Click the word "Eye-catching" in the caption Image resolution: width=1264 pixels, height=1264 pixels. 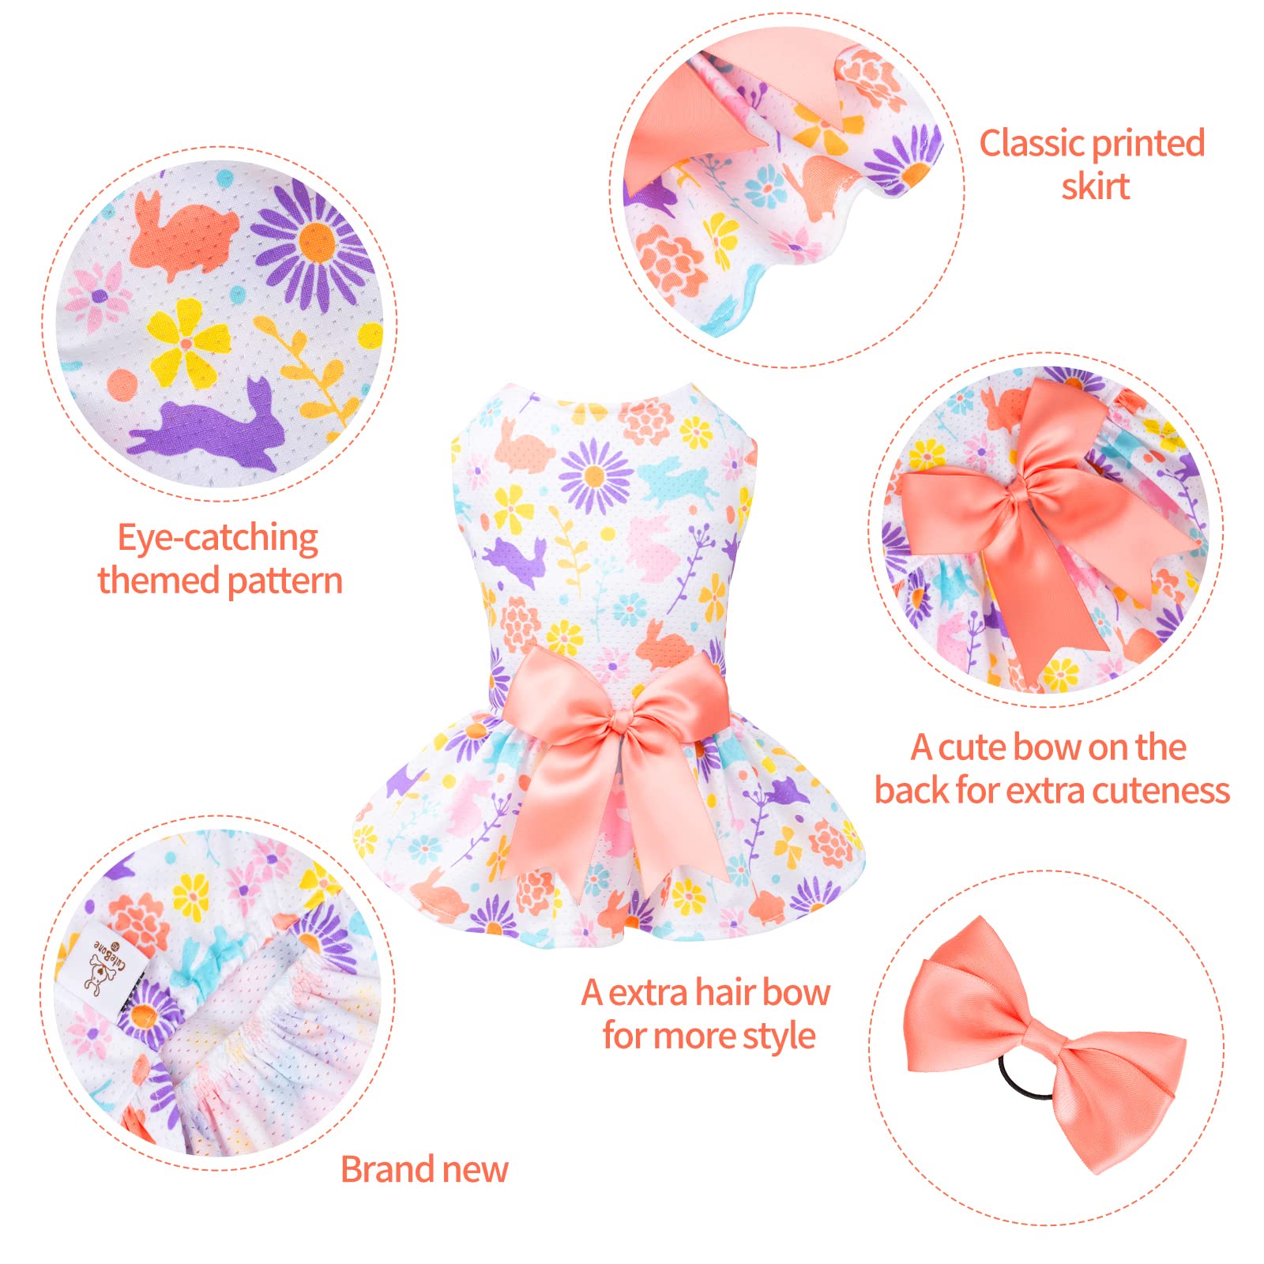tap(218, 539)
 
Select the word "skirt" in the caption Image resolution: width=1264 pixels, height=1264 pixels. tap(1095, 186)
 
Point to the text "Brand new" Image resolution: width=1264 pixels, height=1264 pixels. tap(424, 1169)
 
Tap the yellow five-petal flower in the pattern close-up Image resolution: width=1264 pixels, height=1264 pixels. tap(187, 342)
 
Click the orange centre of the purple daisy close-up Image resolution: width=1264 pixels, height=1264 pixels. tap(318, 241)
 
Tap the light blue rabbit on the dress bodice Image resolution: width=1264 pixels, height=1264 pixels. tap(674, 480)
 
